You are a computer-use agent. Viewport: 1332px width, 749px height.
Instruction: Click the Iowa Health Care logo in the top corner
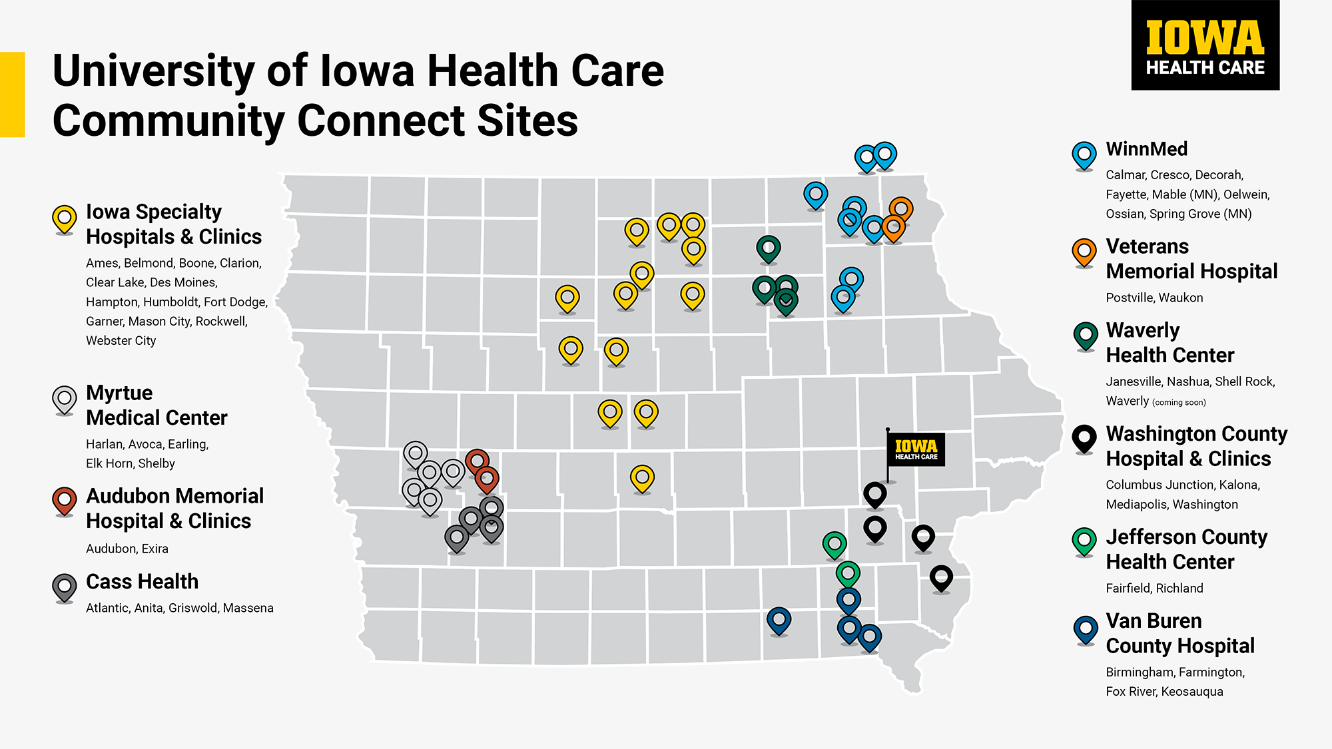point(1205,45)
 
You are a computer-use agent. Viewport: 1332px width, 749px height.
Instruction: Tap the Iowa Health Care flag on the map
point(916,449)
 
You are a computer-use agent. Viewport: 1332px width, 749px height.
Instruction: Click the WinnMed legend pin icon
point(1084,155)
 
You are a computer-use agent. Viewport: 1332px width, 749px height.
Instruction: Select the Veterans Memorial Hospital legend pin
point(1084,252)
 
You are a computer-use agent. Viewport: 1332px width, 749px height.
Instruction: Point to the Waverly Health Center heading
point(1169,342)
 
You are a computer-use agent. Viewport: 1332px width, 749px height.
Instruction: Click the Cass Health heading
point(142,581)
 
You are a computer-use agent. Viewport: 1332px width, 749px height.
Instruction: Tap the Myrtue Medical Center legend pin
point(65,399)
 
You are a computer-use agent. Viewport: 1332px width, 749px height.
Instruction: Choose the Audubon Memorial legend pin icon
point(65,501)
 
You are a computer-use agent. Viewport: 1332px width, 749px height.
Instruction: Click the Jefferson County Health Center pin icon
point(1084,541)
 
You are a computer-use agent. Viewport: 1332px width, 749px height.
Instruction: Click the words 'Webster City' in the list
point(121,340)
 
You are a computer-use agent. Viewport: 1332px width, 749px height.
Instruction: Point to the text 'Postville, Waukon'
point(1154,298)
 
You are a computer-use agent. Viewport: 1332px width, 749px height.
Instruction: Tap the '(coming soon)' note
point(1179,402)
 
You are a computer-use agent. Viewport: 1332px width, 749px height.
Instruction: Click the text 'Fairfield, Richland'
point(1154,588)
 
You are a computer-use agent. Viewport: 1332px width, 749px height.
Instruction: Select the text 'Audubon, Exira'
point(127,549)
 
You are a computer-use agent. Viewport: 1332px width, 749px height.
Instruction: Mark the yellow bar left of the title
point(12,95)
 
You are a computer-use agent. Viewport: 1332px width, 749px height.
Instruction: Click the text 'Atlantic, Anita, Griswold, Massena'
point(179,608)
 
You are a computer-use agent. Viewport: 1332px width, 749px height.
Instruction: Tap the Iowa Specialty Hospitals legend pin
point(65,218)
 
